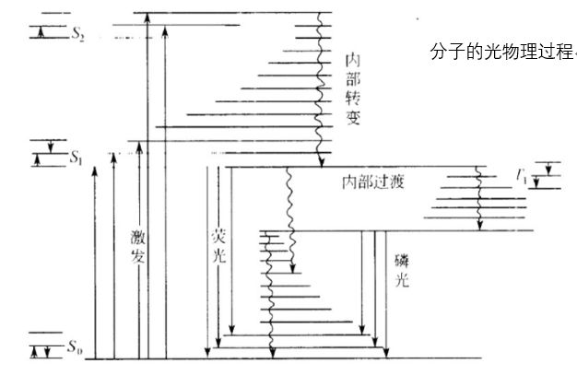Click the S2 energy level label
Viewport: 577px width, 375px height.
tap(78, 34)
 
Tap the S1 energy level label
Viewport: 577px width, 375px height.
tap(77, 158)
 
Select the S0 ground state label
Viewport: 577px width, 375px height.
tap(74, 346)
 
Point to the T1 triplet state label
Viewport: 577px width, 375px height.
tap(522, 176)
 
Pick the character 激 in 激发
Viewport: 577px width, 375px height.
tap(138, 238)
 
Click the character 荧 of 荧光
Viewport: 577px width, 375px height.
tap(218, 236)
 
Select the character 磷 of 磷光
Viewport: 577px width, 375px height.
tap(402, 261)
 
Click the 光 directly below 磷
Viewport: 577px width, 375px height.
tap(402, 280)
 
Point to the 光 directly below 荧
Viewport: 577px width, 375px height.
tap(218, 255)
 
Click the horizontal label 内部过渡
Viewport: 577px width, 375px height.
tap(373, 182)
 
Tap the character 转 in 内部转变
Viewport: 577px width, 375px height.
tap(352, 97)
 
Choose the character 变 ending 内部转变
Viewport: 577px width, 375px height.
tap(352, 116)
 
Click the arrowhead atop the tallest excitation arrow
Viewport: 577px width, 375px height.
tap(147, 18)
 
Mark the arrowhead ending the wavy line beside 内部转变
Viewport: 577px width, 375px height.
tap(322, 162)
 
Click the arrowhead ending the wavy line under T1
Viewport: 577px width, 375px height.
tap(479, 226)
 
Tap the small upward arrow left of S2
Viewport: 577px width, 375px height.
tap(41, 33)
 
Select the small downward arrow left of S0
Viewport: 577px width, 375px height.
tap(47, 352)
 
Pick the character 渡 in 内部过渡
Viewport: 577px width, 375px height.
tap(397, 182)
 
